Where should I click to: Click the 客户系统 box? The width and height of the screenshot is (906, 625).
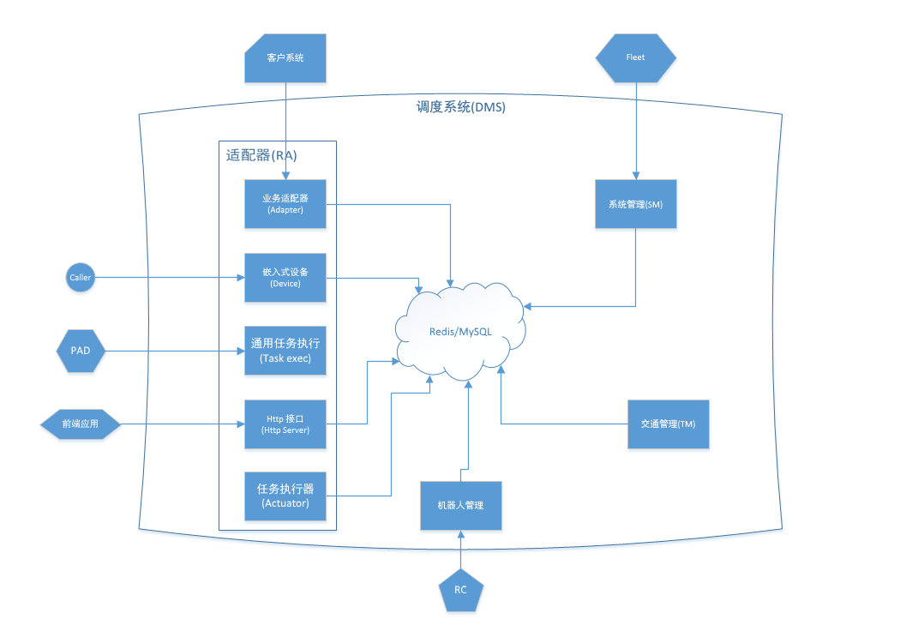point(285,58)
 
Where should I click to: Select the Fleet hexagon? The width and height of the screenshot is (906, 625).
point(635,57)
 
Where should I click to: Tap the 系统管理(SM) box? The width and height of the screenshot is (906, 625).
point(635,204)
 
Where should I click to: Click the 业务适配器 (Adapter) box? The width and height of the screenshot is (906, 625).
point(285,204)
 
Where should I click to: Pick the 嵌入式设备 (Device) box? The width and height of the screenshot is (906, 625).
point(285,277)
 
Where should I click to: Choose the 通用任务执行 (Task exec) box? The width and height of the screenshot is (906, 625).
point(285,350)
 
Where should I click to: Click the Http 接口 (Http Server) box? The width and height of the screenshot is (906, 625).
point(285,424)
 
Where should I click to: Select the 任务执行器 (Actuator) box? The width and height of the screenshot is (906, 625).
point(285,496)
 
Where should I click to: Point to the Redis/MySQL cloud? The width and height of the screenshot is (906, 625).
point(460,333)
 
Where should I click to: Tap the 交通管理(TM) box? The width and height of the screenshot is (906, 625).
point(669,424)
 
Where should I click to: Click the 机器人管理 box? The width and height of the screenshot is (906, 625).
point(461,505)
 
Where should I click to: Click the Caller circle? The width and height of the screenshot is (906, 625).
point(81,277)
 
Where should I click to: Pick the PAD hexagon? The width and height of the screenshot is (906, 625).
point(81,350)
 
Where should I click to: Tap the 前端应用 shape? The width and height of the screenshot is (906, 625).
point(81,424)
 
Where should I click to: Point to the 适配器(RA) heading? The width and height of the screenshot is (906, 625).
point(261,156)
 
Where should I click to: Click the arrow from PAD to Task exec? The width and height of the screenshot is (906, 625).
point(171,350)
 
